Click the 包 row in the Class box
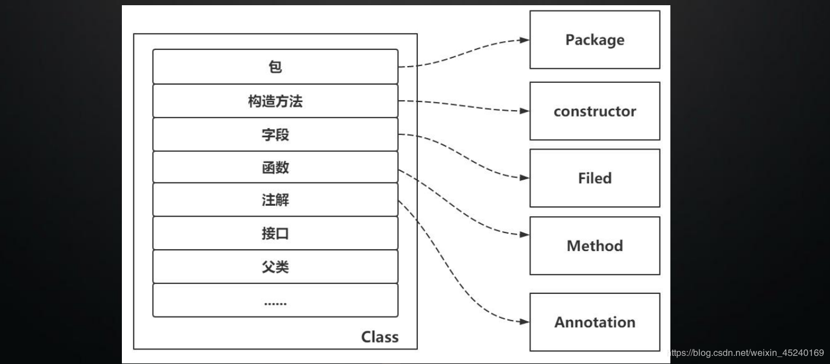275,67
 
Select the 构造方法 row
275,101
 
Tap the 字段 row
275,135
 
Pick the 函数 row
275,168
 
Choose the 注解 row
275,201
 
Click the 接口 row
275,234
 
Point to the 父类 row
275,267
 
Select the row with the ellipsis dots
275,301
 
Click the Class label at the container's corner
380,337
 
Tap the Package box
594,40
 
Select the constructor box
594,111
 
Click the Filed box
594,178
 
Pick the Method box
594,246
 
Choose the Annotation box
594,322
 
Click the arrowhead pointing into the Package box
524,41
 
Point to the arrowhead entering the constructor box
524,111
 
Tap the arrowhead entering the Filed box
524,178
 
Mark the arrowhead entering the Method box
524,235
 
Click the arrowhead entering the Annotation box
524,322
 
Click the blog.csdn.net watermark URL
748,353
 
